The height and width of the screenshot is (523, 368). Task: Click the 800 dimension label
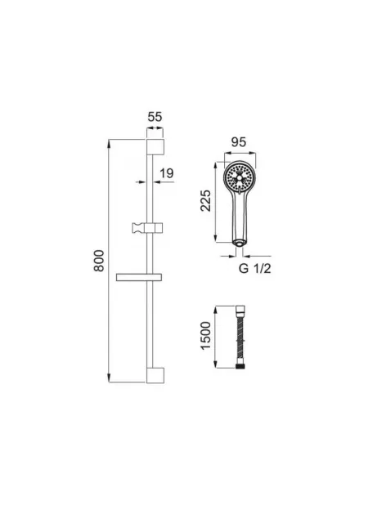click(99, 261)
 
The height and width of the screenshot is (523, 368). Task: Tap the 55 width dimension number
click(155, 117)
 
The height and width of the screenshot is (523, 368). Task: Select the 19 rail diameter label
click(167, 173)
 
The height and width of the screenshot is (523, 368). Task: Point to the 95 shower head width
click(239, 142)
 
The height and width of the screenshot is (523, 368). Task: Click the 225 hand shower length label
click(206, 200)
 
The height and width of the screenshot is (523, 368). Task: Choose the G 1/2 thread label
click(255, 268)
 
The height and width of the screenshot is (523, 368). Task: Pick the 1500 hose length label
click(206, 336)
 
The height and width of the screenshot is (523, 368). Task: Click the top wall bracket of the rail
click(155, 147)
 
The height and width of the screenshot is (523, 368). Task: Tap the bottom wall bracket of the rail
click(155, 376)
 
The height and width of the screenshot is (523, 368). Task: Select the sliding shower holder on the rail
click(147, 228)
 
